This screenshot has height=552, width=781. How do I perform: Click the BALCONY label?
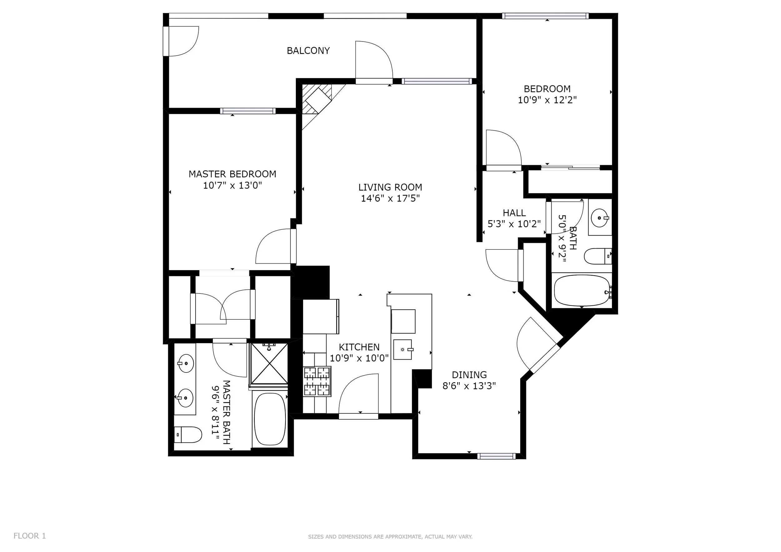point(308,51)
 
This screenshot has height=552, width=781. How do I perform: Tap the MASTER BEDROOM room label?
point(232,174)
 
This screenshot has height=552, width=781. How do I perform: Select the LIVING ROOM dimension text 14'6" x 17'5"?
point(390,198)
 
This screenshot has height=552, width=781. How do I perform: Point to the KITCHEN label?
point(359,347)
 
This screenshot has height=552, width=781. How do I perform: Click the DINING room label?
point(469,375)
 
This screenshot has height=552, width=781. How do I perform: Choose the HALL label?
point(514,213)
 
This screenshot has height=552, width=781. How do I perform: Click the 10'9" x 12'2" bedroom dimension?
point(547,100)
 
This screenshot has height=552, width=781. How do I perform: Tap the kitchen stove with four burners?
point(317,381)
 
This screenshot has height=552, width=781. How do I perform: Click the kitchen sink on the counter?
point(403,349)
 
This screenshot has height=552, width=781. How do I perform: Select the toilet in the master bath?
point(188,435)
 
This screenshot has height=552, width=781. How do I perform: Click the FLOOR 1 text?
point(30,536)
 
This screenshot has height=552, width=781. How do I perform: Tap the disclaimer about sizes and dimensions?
point(390,537)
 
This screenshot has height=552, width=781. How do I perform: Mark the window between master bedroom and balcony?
point(248,111)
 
